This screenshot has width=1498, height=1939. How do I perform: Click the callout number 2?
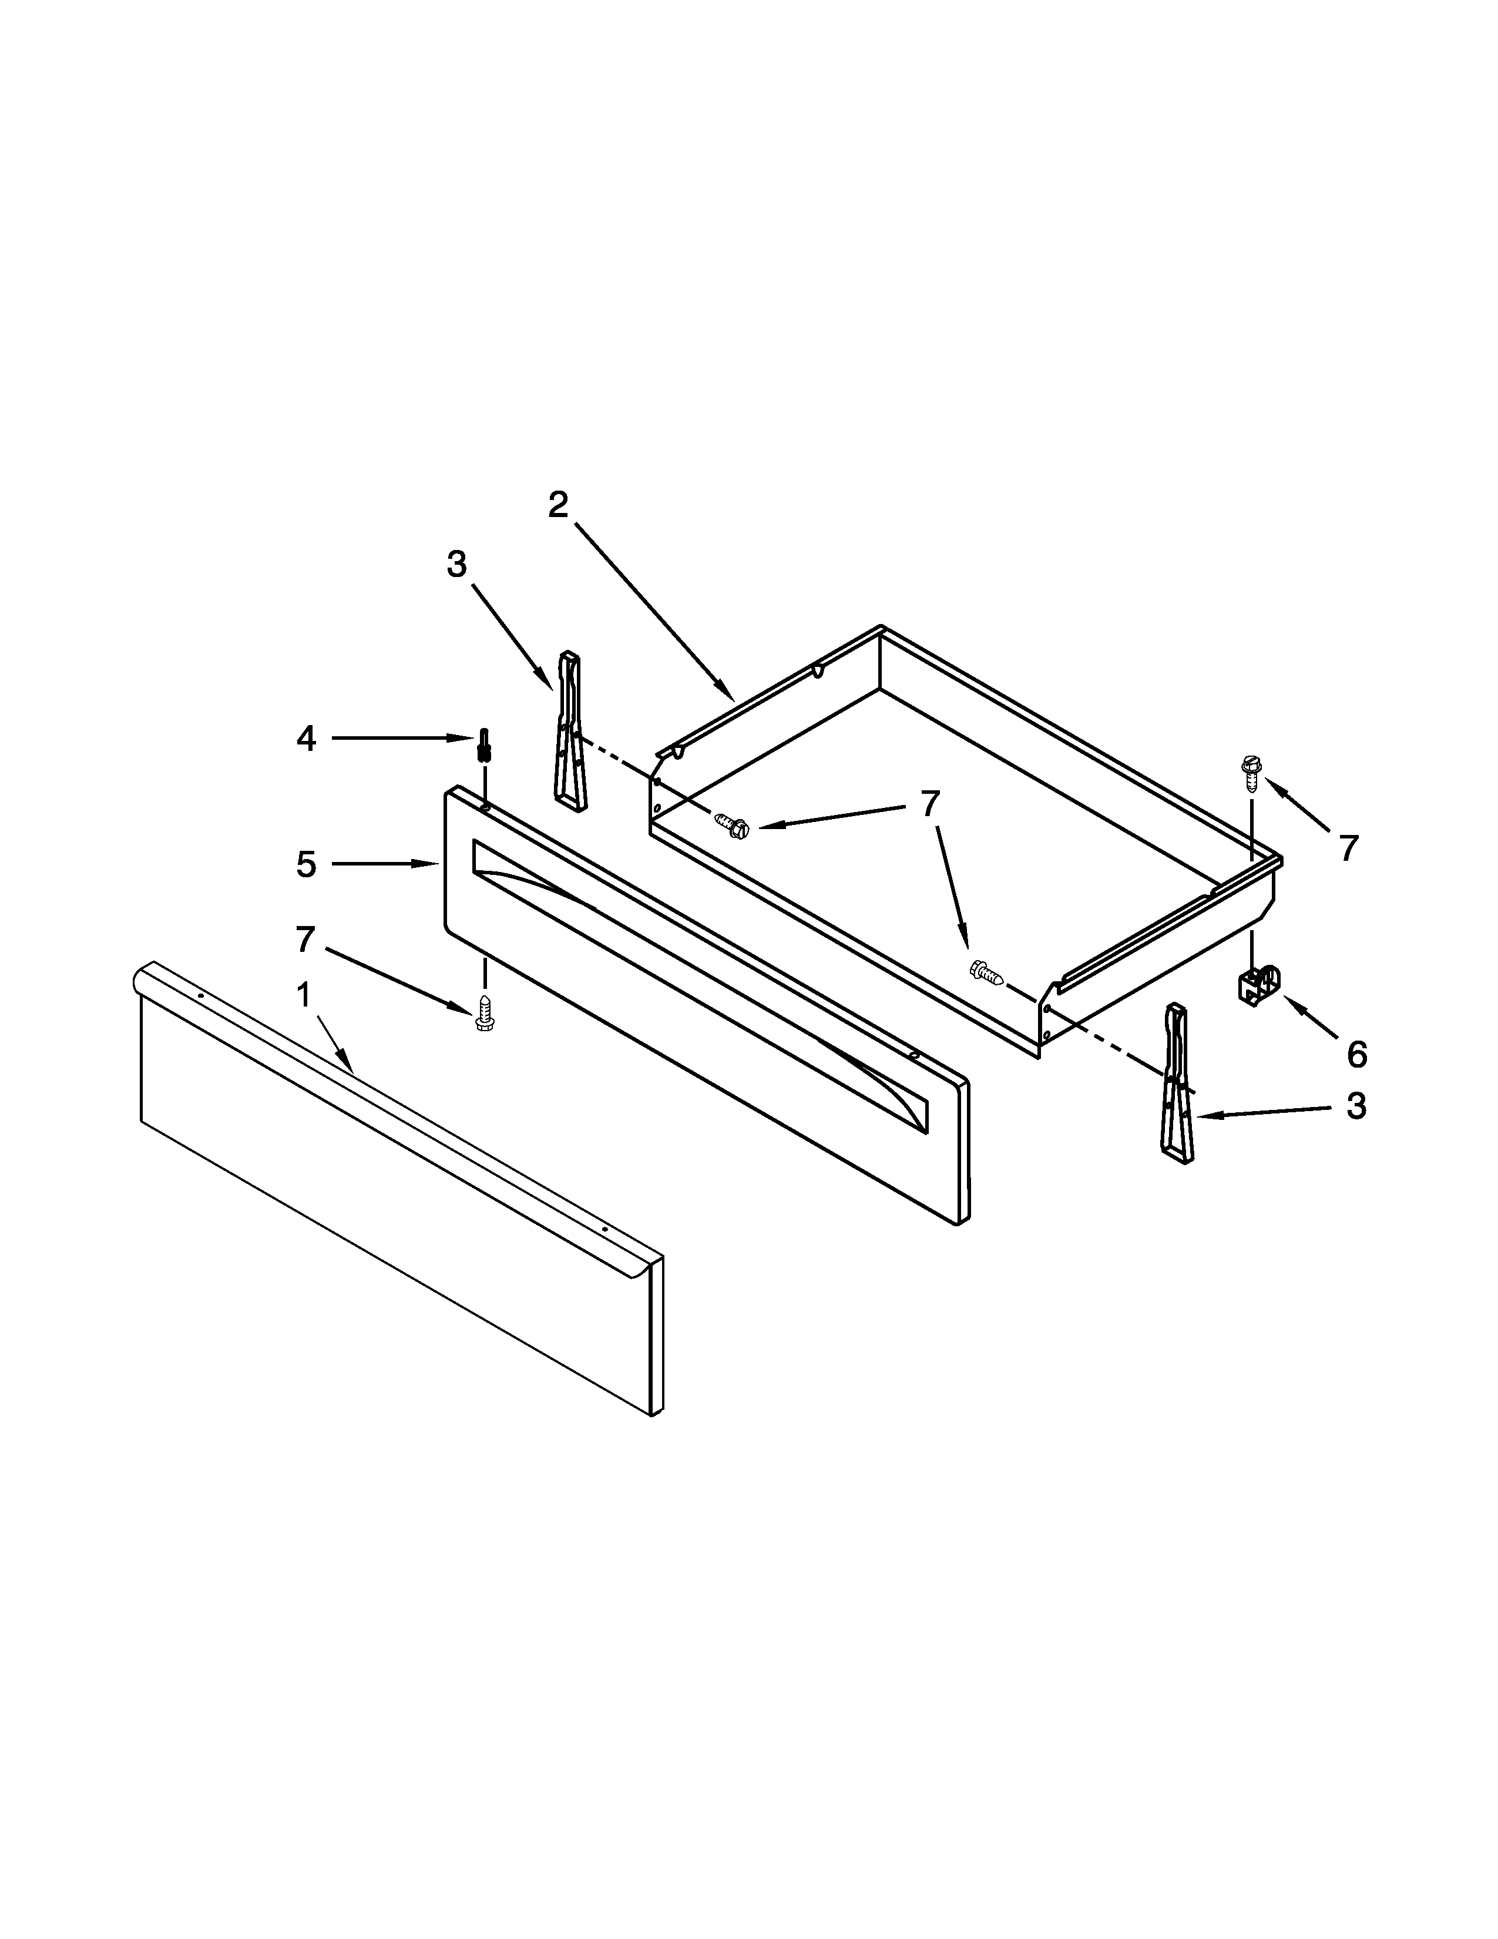(557, 505)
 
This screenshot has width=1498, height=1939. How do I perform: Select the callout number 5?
(306, 864)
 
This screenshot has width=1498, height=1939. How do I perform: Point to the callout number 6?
(1356, 1054)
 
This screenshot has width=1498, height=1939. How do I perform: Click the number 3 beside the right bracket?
(1356, 1106)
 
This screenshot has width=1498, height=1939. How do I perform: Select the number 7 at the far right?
(1348, 849)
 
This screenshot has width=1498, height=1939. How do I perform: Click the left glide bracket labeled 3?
(569, 732)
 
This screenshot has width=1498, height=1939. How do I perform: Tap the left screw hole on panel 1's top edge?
(201, 996)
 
